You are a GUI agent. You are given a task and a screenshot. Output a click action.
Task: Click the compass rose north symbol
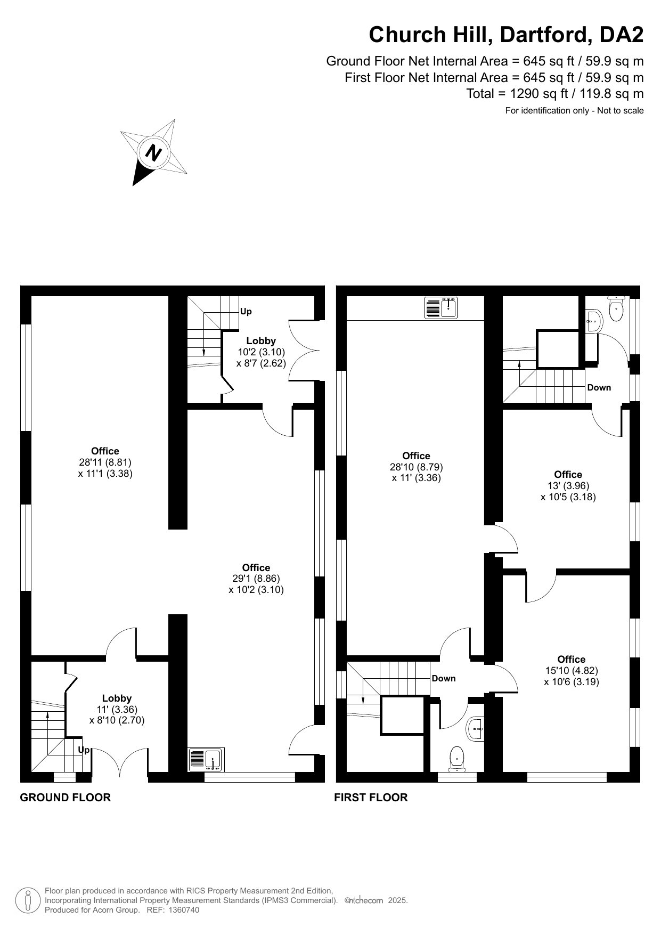[154, 153]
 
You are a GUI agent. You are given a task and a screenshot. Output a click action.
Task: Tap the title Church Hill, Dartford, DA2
[506, 35]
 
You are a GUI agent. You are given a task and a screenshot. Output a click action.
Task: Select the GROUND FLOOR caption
[65, 798]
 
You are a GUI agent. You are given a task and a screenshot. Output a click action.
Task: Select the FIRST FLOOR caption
[371, 798]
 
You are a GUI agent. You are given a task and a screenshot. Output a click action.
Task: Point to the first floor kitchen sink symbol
[441, 307]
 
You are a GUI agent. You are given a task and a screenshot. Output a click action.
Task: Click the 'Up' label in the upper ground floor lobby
[246, 311]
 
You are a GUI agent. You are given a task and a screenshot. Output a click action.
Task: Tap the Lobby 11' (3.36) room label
[117, 709]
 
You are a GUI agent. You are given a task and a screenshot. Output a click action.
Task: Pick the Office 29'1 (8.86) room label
[256, 579]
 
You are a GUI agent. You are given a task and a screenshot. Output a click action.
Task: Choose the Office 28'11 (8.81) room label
[105, 462]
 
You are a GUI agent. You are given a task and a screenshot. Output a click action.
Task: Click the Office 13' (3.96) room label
[568, 485]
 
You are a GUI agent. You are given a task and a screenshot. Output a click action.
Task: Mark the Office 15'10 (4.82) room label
[572, 670]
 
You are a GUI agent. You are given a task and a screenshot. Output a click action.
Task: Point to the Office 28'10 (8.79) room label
[417, 467]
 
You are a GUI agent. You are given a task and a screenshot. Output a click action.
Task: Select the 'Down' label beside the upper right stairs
[599, 387]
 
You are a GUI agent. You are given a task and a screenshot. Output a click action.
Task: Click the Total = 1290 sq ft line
[555, 94]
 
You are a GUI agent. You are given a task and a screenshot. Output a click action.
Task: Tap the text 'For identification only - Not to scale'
[574, 111]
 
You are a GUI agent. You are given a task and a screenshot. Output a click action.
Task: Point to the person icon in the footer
[28, 900]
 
